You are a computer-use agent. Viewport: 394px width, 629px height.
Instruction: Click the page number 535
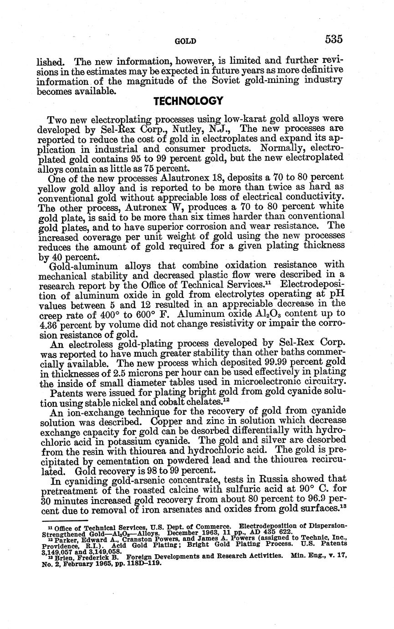pos(333,39)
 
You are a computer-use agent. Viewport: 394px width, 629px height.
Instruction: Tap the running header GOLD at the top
pos(185,41)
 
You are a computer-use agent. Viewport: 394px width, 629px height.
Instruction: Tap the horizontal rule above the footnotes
pos(64,520)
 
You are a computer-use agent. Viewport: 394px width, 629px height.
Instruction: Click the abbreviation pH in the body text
pos(337,295)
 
